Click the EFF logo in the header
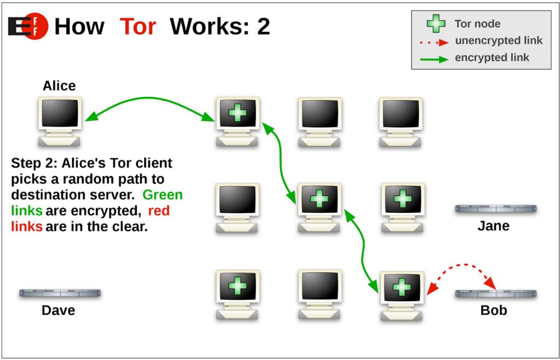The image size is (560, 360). pyautogui.click(x=28, y=26)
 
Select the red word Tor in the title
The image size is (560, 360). pyautogui.click(x=138, y=26)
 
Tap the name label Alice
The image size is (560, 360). pyautogui.click(x=59, y=86)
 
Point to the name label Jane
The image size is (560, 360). pyautogui.click(x=493, y=225)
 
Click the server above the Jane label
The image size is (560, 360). pyautogui.click(x=495, y=209)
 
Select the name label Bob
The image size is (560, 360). pyautogui.click(x=493, y=310)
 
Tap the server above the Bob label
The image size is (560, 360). pyautogui.click(x=495, y=294)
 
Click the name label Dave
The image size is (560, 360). pyautogui.click(x=58, y=310)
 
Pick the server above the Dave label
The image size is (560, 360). pyautogui.click(x=60, y=293)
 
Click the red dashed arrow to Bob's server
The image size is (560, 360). pyautogui.click(x=462, y=268)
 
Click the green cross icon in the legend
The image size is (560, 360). pyautogui.click(x=436, y=24)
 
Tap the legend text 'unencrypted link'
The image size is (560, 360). pyautogui.click(x=498, y=40)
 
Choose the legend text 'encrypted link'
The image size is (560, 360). pyautogui.click(x=492, y=57)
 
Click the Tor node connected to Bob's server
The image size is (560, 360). pyautogui.click(x=402, y=294)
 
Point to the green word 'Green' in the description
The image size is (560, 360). pyautogui.click(x=162, y=195)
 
